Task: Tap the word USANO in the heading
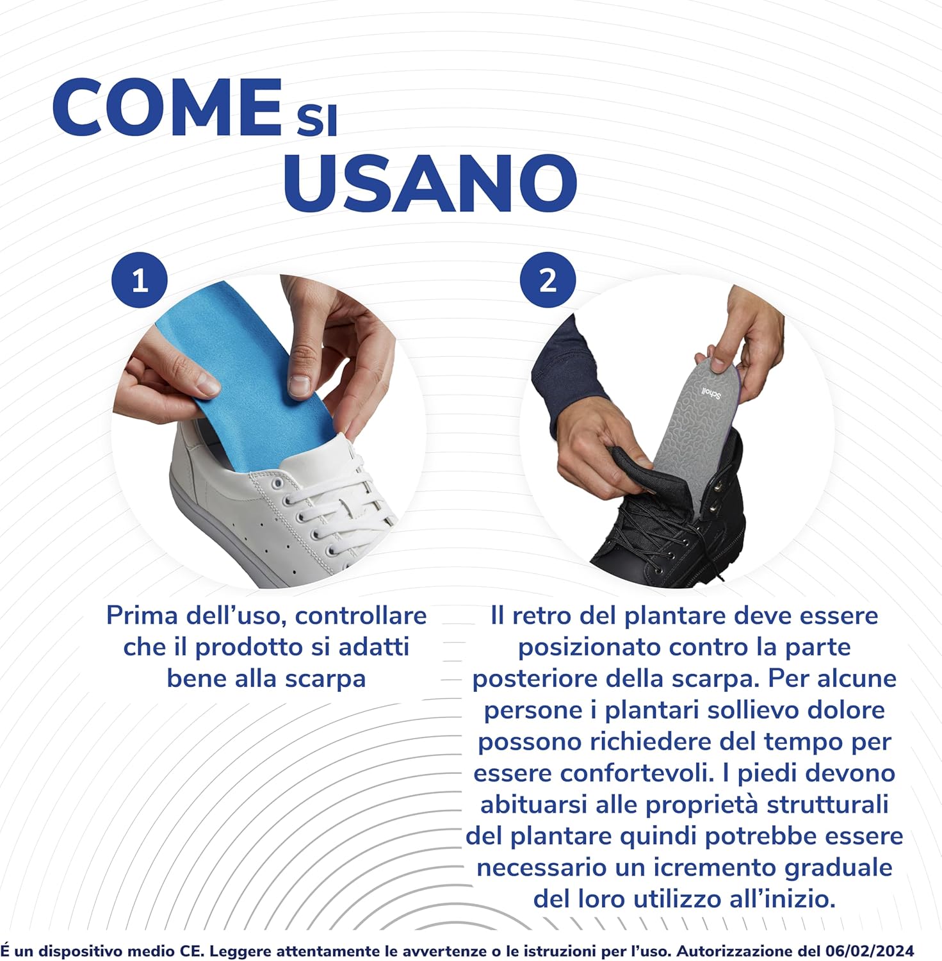click(x=430, y=183)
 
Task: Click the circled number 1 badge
click(x=140, y=281)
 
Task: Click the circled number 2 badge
click(x=548, y=280)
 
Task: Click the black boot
click(x=672, y=513)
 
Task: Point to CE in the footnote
click(x=188, y=950)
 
